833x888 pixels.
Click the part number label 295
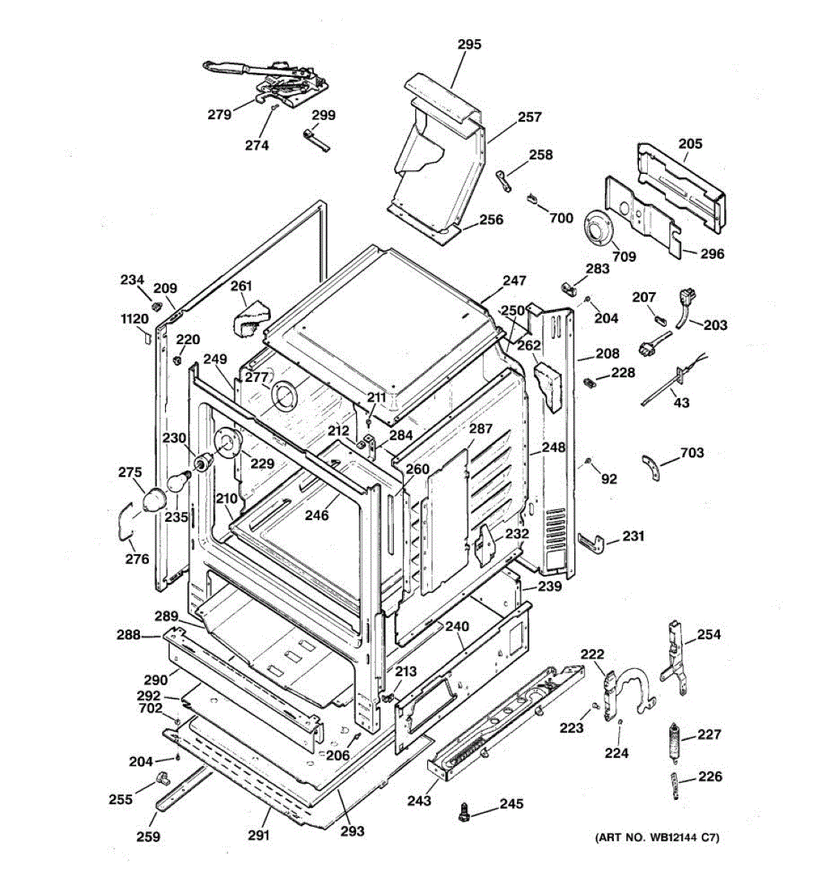469,44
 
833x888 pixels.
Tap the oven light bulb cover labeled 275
152,499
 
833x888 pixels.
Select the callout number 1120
135,319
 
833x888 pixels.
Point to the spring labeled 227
674,741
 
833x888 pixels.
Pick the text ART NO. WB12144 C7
657,838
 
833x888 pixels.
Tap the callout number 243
418,801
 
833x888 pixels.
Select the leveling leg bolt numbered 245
463,811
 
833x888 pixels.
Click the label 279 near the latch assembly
219,114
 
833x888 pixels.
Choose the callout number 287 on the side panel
481,429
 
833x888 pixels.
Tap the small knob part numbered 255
162,778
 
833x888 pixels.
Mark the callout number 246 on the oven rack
317,516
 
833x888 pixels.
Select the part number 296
712,254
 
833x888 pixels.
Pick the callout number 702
150,708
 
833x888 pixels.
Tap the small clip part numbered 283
569,286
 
